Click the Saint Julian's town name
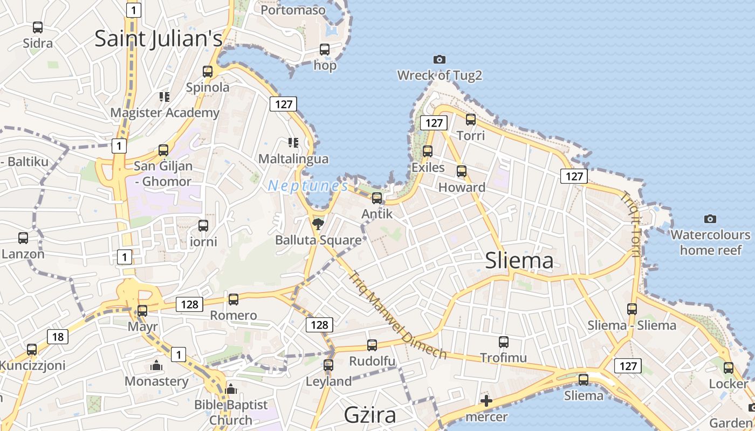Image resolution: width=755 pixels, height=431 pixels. (x=158, y=39)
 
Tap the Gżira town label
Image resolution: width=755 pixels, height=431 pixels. (x=370, y=415)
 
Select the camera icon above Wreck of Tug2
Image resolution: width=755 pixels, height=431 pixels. (x=440, y=59)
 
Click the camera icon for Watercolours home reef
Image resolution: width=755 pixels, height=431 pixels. (x=710, y=219)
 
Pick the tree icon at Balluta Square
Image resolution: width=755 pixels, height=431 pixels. (x=318, y=224)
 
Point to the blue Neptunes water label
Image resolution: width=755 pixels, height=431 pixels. (x=308, y=186)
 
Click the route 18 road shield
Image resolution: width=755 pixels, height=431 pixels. (x=58, y=337)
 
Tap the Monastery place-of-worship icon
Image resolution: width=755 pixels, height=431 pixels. (x=156, y=366)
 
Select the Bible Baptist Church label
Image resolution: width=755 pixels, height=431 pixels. (x=231, y=412)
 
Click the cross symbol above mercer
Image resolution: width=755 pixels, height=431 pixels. (x=486, y=401)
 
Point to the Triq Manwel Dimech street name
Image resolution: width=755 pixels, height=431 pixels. (x=397, y=315)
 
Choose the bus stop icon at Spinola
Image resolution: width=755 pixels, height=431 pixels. (x=208, y=71)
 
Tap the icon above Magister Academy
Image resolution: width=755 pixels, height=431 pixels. (x=164, y=97)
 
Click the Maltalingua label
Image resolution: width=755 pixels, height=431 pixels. (x=293, y=159)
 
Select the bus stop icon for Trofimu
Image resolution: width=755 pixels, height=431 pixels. (x=504, y=342)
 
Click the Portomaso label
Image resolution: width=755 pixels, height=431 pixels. (x=293, y=10)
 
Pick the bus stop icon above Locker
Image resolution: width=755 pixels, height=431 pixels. (x=729, y=368)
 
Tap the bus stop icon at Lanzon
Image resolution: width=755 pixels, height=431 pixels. (x=23, y=238)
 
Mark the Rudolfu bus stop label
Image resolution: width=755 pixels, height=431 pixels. (x=372, y=361)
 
